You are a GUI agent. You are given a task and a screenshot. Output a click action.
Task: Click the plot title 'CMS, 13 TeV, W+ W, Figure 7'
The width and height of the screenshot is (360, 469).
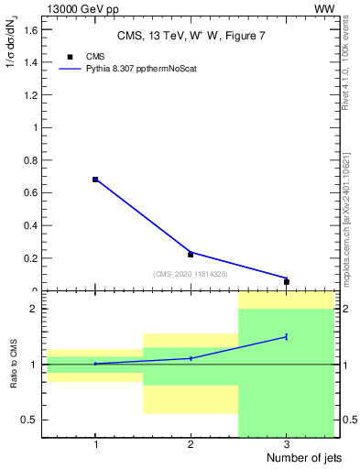(190, 36)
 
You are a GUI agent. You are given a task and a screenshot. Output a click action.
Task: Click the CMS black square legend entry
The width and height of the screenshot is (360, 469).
(71, 57)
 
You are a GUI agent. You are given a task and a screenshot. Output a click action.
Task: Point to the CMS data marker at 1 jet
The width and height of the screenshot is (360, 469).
(95, 180)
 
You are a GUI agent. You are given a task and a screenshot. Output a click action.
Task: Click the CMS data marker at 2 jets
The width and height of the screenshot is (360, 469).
(191, 254)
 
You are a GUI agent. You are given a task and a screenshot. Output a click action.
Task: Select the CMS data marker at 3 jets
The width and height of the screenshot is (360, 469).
(287, 281)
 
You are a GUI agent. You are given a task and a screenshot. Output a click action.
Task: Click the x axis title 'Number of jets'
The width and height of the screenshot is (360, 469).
(299, 457)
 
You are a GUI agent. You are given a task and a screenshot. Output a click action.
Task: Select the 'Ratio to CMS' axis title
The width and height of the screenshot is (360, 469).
(14, 365)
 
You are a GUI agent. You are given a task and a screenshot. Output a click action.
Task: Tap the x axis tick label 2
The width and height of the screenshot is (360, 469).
(191, 443)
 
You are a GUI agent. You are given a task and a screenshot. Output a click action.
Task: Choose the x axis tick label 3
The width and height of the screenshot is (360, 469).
(287, 443)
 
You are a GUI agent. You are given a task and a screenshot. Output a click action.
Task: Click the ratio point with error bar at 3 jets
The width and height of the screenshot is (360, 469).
(287, 337)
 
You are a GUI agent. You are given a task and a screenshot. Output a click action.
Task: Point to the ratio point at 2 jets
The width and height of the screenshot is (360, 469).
(191, 358)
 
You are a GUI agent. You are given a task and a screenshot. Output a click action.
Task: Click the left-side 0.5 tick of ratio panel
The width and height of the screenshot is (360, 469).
(31, 420)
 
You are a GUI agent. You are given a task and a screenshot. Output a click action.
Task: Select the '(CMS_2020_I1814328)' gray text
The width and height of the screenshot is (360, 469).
(191, 273)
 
